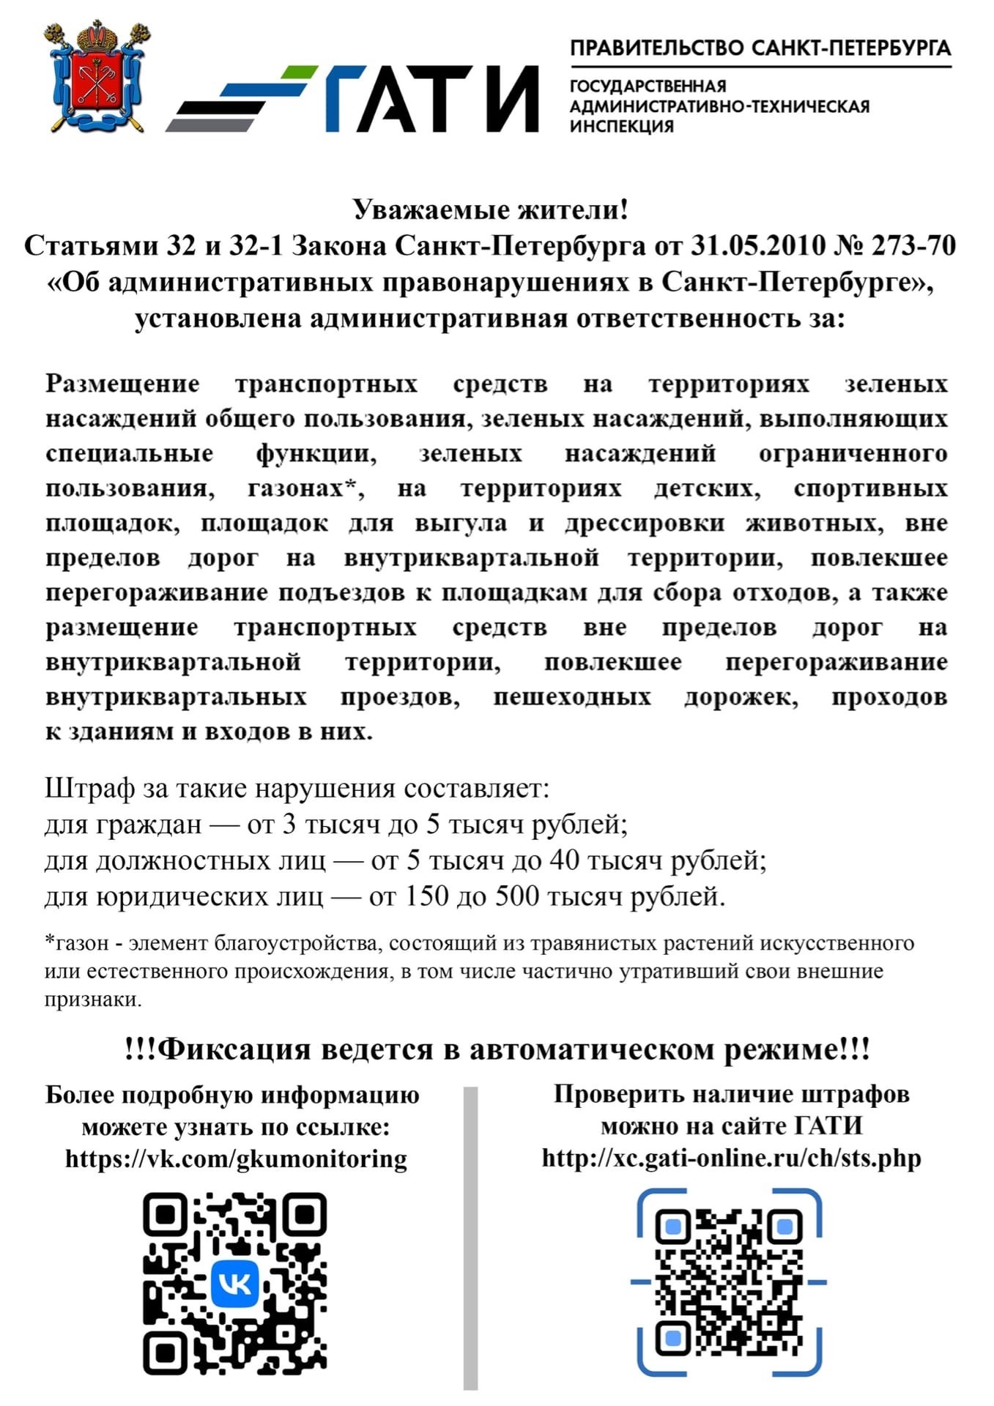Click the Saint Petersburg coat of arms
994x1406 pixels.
pos(97,77)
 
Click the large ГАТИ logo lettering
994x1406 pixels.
pos(432,99)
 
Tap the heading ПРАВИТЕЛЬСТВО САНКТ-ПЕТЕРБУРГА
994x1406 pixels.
pos(760,48)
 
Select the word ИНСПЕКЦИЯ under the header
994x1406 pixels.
pos(622,126)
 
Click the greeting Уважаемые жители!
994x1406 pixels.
pos(491,210)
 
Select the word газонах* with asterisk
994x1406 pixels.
pos(305,488)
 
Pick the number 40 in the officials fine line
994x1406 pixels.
pos(564,860)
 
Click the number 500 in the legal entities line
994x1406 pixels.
pos(517,896)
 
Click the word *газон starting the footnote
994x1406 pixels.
pos(77,942)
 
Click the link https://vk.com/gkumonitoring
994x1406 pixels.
pos(236,1158)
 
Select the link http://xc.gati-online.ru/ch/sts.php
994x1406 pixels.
pos(731,1158)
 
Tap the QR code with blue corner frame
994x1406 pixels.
pos(729,1282)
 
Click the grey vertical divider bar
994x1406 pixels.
pos(470,1238)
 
